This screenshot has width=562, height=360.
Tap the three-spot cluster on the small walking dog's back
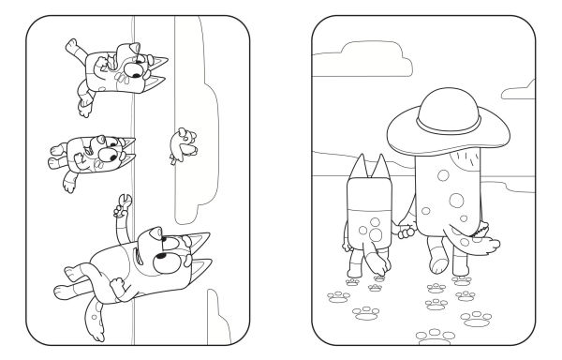click(x=369, y=228)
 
